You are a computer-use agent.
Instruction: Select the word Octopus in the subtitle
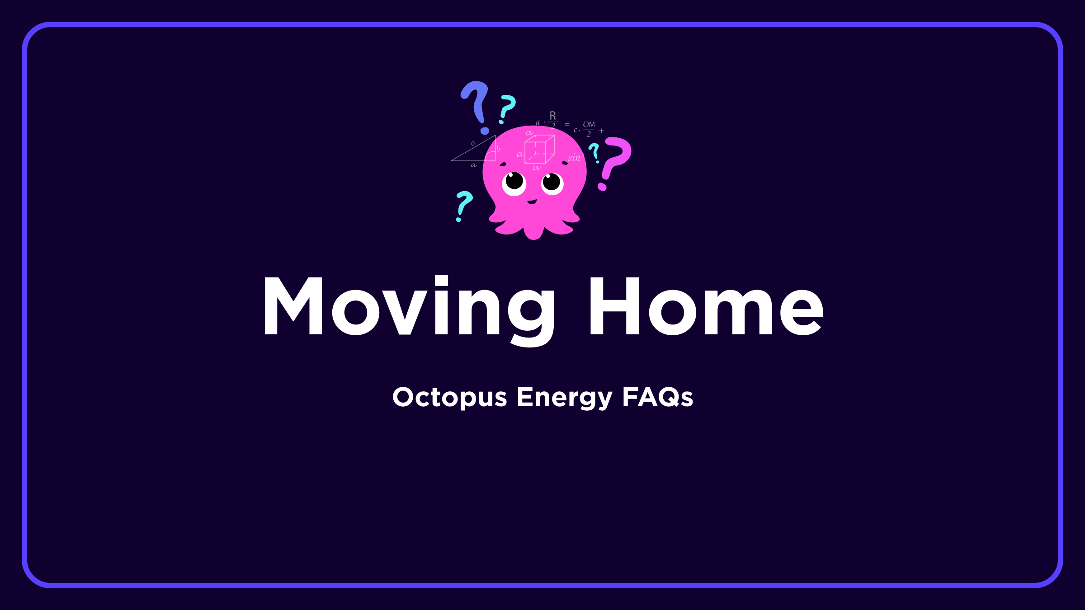click(x=449, y=398)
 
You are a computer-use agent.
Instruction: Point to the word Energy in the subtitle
click(x=564, y=398)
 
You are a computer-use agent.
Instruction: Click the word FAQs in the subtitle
click(x=657, y=398)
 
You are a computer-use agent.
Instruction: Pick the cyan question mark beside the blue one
click(x=507, y=108)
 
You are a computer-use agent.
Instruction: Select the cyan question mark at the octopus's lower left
click(x=463, y=204)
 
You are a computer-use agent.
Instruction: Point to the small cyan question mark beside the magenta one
click(x=594, y=152)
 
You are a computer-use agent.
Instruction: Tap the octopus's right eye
click(x=552, y=183)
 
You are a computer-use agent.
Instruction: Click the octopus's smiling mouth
click(x=532, y=202)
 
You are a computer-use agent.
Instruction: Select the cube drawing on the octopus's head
click(x=539, y=149)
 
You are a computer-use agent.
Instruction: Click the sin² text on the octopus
click(x=576, y=158)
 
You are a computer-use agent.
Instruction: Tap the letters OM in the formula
click(x=589, y=124)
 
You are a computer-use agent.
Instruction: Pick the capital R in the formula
click(x=552, y=116)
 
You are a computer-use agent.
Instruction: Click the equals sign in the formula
click(x=567, y=124)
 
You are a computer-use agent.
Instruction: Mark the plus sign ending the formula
click(x=601, y=131)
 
